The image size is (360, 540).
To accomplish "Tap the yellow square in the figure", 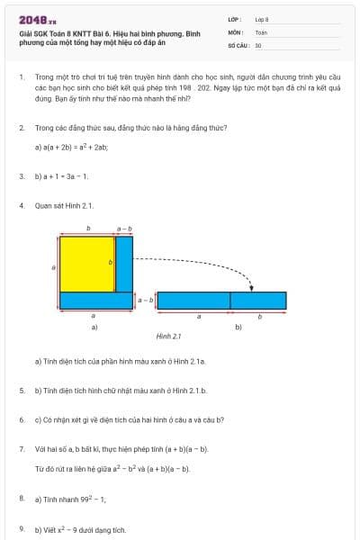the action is click(x=88, y=263).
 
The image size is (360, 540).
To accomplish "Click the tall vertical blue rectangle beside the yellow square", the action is click(x=124, y=263).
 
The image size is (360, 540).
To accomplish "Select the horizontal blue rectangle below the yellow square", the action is click(x=96, y=301).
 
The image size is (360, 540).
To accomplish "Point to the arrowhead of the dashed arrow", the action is click(x=252, y=289).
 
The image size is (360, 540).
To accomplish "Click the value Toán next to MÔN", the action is click(x=261, y=31).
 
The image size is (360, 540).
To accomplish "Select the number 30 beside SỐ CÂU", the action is click(x=258, y=44).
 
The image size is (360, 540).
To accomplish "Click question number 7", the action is click(x=22, y=447).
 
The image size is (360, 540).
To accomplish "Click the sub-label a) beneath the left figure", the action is click(x=94, y=327).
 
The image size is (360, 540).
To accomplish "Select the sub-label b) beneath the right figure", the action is click(x=238, y=327).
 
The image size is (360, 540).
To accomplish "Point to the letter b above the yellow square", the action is click(x=87, y=228).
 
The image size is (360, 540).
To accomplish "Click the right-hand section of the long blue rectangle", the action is click(x=258, y=301).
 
